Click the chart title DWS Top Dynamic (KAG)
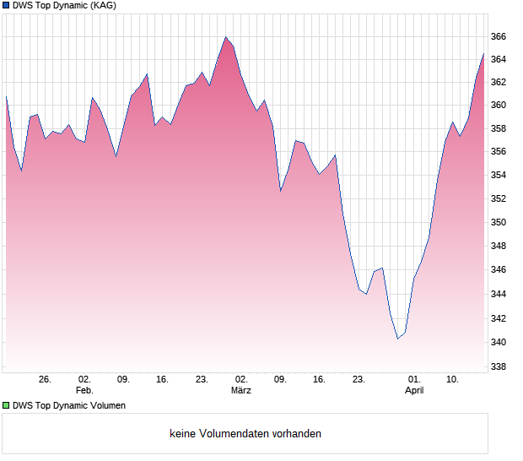click(x=64, y=6)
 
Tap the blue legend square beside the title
click(x=6, y=6)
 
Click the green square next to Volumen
click(x=6, y=405)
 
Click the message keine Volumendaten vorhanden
click(x=245, y=434)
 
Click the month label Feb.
click(x=84, y=390)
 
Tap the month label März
click(x=241, y=390)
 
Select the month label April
click(x=414, y=390)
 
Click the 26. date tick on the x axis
click(x=45, y=380)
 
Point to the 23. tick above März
click(x=202, y=380)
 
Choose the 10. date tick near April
click(x=452, y=380)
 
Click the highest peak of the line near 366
click(x=225, y=37)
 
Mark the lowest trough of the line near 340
click(x=397, y=339)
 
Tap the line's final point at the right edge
click(x=484, y=53)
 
